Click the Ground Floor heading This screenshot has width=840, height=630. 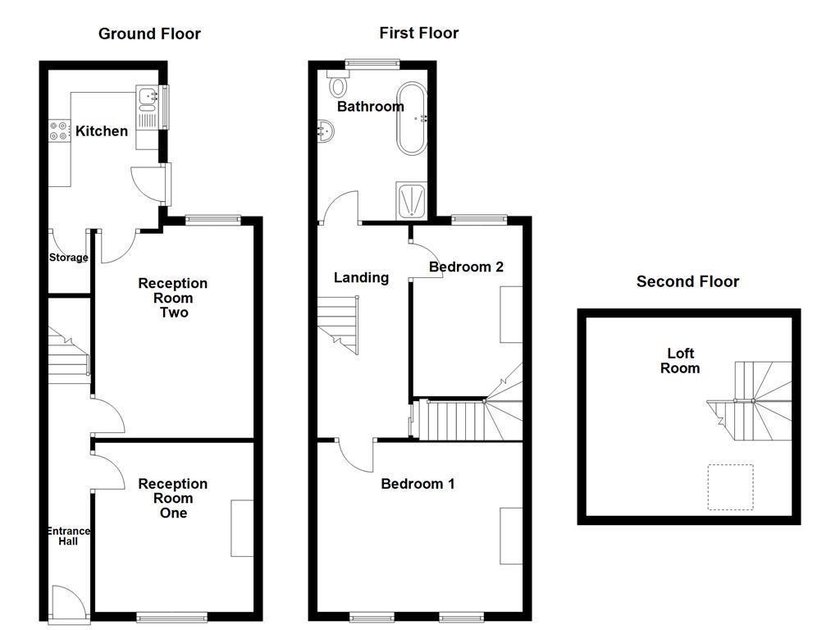(149, 34)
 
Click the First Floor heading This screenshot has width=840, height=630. (418, 33)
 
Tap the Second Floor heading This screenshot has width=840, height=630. (687, 281)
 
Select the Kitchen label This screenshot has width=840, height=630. (102, 130)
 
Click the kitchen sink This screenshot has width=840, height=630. (148, 100)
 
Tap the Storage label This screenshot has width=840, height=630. (68, 258)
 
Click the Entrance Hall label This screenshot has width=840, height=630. (67, 536)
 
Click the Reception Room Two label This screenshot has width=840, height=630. (172, 298)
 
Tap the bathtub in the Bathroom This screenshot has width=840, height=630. (412, 118)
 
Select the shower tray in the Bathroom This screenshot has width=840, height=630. (411, 201)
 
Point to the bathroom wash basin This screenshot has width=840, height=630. (326, 130)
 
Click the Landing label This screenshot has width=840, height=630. (361, 277)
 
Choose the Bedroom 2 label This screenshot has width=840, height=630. (466, 267)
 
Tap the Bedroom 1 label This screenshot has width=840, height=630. (418, 484)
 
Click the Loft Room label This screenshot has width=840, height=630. (680, 361)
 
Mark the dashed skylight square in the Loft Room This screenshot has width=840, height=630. (730, 487)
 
